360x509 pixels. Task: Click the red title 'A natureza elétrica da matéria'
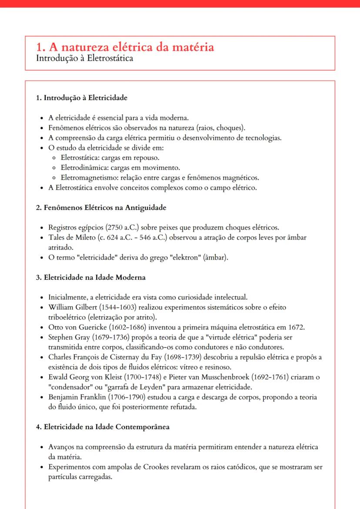(130, 47)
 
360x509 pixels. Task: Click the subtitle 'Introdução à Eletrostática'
(84, 58)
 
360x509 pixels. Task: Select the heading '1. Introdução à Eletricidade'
(81, 98)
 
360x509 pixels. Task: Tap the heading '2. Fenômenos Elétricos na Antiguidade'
(101, 208)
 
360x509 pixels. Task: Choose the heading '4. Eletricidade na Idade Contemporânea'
(103, 426)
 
